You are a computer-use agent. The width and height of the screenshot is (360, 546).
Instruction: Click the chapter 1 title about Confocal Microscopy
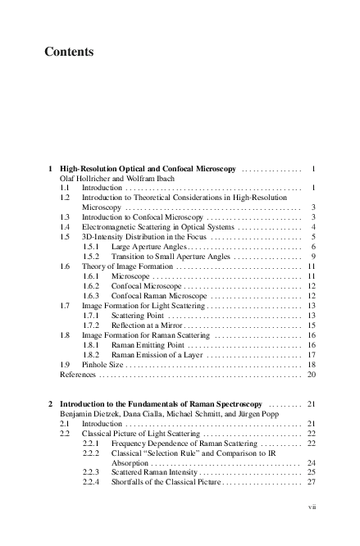click(148, 169)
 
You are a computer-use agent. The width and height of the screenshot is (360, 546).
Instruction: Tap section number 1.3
click(65, 217)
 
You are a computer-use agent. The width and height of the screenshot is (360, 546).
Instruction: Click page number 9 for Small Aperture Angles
click(314, 257)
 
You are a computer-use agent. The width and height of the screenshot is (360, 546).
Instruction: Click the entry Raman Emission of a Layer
click(153, 355)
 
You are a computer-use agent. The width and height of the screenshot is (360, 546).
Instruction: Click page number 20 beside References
click(312, 375)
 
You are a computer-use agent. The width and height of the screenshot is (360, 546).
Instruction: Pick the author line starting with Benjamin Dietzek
click(151, 414)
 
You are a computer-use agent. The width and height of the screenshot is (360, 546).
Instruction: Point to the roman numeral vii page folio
click(312, 507)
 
